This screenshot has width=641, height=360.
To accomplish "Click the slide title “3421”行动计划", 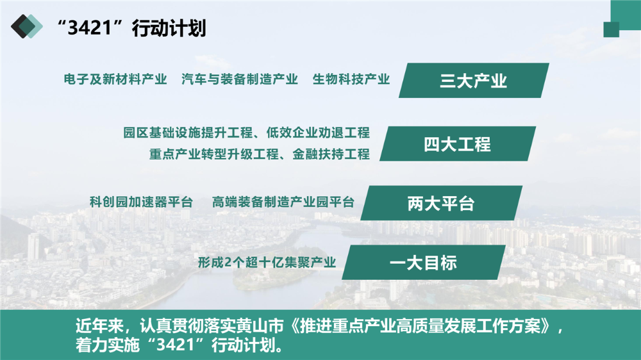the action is tap(131, 28).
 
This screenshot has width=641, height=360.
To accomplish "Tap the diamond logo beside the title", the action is tap(26, 26).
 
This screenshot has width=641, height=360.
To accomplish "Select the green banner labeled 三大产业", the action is tap(474, 81).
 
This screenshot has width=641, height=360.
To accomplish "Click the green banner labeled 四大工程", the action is tap(458, 144).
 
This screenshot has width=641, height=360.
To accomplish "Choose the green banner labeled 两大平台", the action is tap(441, 203).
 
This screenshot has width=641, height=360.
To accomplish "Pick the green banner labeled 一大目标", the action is tap(424, 263).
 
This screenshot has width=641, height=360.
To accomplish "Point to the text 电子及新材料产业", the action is tap(115, 79).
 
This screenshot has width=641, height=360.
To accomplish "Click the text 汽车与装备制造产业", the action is tap(240, 79).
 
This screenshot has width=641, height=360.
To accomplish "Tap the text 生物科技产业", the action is tap(351, 79).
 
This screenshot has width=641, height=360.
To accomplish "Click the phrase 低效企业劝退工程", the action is tap(318, 133).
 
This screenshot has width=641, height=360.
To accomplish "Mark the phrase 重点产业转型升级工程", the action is tap(214, 154).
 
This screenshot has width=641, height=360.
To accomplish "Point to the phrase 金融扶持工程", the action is tap(331, 154).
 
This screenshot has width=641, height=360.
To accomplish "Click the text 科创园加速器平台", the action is tap(142, 202).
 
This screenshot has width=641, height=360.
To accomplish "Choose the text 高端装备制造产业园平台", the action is tap(283, 202).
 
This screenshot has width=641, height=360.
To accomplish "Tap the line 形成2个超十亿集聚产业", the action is tap(267, 263).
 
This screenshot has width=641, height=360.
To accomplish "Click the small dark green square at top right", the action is tap(611, 29).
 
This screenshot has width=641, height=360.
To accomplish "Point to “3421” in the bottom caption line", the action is tap(175, 345).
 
